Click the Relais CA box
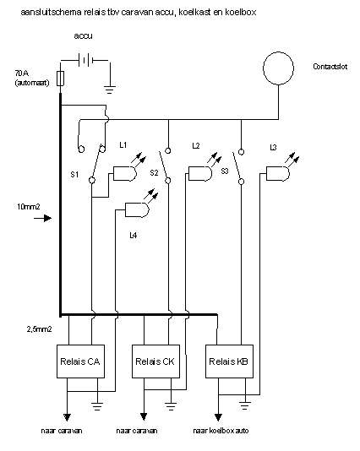coord(80,361)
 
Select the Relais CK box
coord(155,361)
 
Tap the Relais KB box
coord(229,361)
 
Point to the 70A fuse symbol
coord(60,78)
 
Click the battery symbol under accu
coord(85,60)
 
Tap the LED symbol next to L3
coord(283,170)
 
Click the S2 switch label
coord(154,173)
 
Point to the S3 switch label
coord(225,171)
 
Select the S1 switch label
coord(74,174)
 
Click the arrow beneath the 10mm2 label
coord(42,218)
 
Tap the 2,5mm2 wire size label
coord(39,329)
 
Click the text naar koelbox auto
coord(221,431)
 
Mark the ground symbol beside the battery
coord(110,90)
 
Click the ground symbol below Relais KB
coord(244,405)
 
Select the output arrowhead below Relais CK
coord(144,416)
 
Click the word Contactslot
coord(330,67)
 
